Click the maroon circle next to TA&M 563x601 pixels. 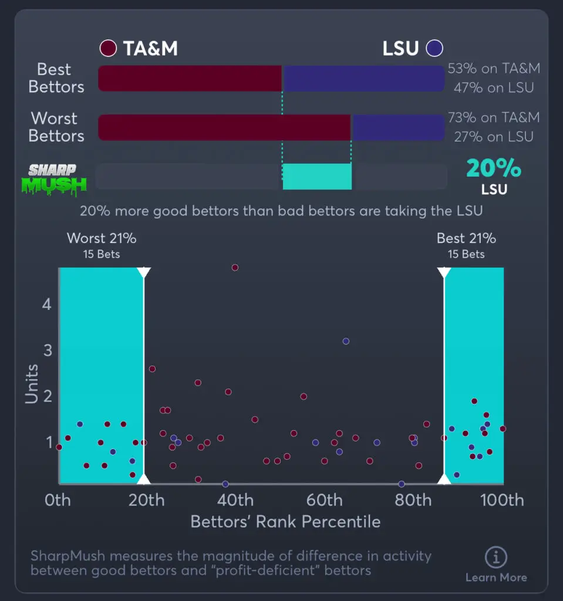pyautogui.click(x=108, y=48)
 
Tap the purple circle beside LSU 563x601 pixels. pyautogui.click(x=435, y=48)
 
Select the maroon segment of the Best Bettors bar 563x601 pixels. pyautogui.click(x=190, y=78)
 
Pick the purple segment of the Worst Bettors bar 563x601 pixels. pyautogui.click(x=397, y=127)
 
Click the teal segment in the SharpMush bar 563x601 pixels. pyautogui.click(x=317, y=176)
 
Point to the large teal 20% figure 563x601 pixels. pyautogui.click(x=493, y=169)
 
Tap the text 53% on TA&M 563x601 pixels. pyautogui.click(x=493, y=69)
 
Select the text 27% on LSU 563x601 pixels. pyautogui.click(x=493, y=137)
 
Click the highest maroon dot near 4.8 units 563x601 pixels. pyautogui.click(x=235, y=268)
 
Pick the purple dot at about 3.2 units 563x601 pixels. pyautogui.click(x=346, y=341)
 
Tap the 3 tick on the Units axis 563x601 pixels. pyautogui.click(x=46, y=350)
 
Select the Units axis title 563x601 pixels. pyautogui.click(x=32, y=384)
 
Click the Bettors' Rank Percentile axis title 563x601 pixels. pyautogui.click(x=285, y=521)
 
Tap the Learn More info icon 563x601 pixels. pyautogui.click(x=496, y=558)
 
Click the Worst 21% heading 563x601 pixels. pyautogui.click(x=102, y=238)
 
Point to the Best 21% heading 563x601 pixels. pyautogui.click(x=466, y=238)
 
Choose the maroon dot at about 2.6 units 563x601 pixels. pyautogui.click(x=152, y=369)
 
